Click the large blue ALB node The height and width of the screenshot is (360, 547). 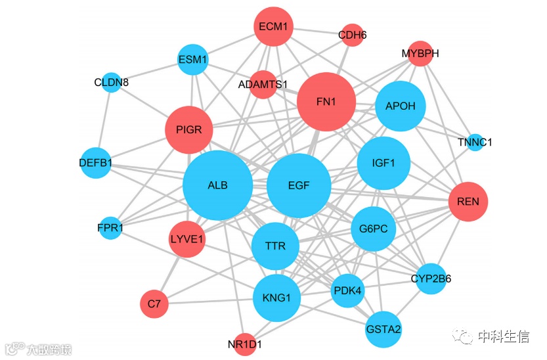tap(217, 185)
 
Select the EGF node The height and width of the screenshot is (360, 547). tap(299, 185)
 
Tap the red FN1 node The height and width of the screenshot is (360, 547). tap(326, 102)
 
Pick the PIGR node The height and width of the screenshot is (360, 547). tap(188, 130)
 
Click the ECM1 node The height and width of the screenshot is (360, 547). tap(273, 27)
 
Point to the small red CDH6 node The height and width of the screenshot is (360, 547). tap(352, 35)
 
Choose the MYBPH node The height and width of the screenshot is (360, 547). tap(420, 54)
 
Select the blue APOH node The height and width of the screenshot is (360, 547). tap(401, 106)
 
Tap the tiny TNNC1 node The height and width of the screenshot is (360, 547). tap(475, 142)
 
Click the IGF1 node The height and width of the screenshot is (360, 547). tap(383, 163)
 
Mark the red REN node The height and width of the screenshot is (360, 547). tap(468, 202)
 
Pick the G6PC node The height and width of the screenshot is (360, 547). tap(374, 229)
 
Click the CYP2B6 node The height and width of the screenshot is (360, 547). tap(431, 279)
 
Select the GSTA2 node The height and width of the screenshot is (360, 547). tap(383, 328)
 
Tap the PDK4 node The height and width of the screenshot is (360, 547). tap(347, 290)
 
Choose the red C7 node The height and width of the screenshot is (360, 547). tap(154, 304)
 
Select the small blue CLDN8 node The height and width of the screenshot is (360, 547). tap(112, 83)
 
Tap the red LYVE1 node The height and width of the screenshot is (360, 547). tap(187, 238)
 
